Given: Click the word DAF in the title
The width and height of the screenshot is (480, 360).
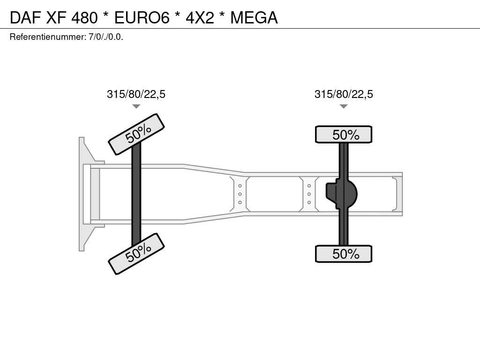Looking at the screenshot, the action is (25, 17).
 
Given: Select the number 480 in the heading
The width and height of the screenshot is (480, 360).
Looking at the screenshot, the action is (84, 17).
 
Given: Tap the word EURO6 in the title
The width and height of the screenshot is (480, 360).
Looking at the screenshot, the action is (142, 17).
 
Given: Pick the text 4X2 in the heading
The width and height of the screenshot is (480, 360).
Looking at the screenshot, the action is (200, 17).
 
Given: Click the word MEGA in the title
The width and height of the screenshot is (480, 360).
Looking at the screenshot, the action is (254, 17).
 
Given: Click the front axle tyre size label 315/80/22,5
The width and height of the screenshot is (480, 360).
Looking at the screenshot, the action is (136, 94).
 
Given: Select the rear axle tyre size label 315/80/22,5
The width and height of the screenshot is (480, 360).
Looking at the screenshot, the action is (344, 94).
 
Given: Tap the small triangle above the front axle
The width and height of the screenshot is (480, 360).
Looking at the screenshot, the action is (136, 106).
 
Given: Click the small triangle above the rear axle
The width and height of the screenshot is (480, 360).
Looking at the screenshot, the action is (344, 106).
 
